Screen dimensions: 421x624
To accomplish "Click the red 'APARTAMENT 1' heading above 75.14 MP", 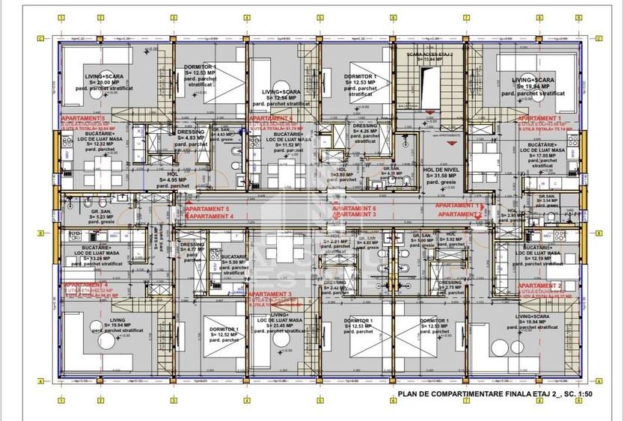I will [539, 119].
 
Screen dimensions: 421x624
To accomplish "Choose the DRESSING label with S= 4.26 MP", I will [363, 126].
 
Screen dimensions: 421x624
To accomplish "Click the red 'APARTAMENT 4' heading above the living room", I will [84, 285].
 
